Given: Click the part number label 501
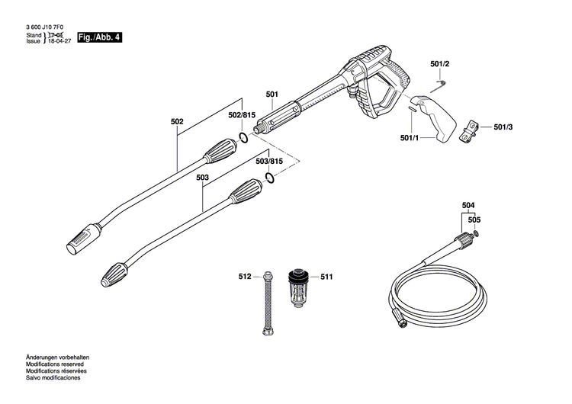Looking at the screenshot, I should pyautogui.click(x=272, y=95).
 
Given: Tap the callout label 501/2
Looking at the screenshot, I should pyautogui.click(x=440, y=65).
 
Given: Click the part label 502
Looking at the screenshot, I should pyautogui.click(x=177, y=120).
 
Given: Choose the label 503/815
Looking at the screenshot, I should pyautogui.click(x=268, y=162).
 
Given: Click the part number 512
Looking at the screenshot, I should pyautogui.click(x=244, y=277).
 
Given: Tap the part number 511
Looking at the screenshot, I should pyautogui.click(x=326, y=277).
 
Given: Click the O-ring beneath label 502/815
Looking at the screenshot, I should pyautogui.click(x=243, y=136).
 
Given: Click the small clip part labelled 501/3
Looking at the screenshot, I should pyautogui.click(x=473, y=129).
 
